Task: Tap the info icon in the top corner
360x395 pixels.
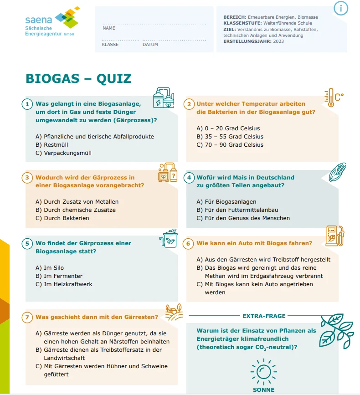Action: pyautogui.click(x=341, y=8)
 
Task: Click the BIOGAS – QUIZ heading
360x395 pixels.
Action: pyautogui.click(x=78, y=78)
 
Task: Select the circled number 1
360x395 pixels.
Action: pyautogui.click(x=27, y=104)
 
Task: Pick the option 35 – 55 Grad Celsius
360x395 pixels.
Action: pyautogui.click(x=230, y=137)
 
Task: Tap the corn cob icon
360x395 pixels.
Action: pyautogui.click(x=337, y=172)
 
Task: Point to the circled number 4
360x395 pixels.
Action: pyautogui.click(x=189, y=178)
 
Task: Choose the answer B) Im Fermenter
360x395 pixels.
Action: pyautogui.click(x=59, y=276)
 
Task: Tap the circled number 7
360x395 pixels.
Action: pyautogui.click(x=27, y=317)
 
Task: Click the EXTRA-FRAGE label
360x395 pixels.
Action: pyautogui.click(x=264, y=316)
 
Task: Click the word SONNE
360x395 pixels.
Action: pyautogui.click(x=263, y=390)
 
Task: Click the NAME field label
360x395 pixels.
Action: pyautogui.click(x=108, y=28)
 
